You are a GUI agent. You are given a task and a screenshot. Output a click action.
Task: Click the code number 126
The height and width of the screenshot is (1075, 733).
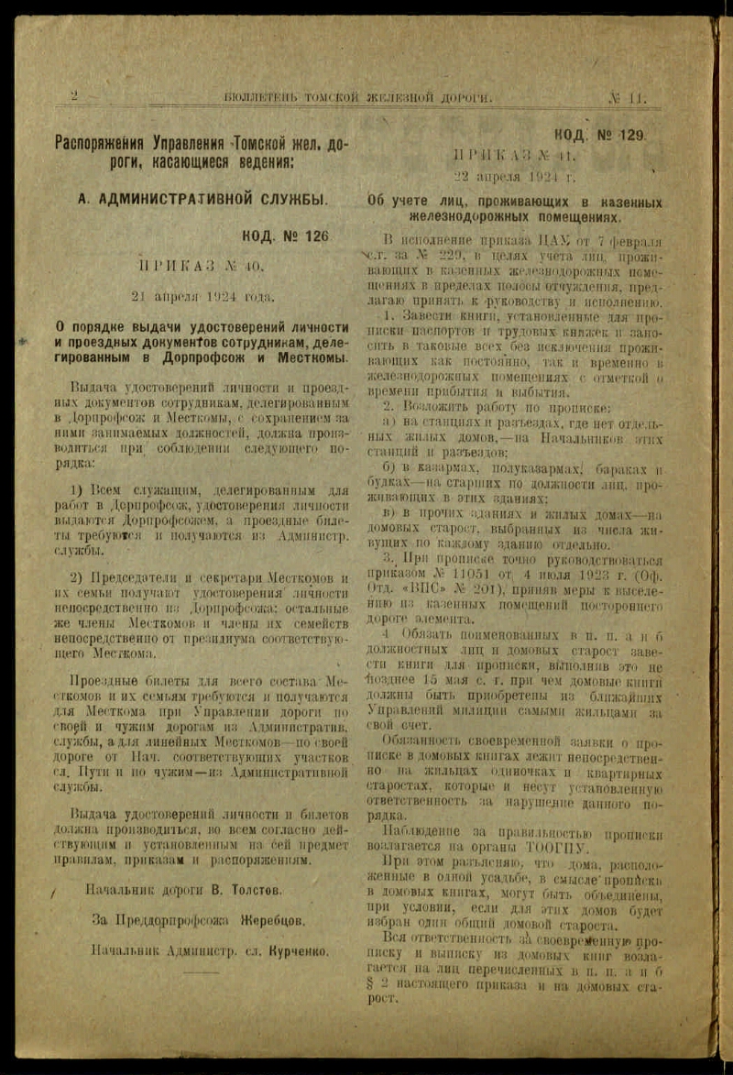click(x=311, y=236)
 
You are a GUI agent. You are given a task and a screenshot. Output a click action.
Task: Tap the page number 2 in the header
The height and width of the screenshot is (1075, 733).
click(x=74, y=95)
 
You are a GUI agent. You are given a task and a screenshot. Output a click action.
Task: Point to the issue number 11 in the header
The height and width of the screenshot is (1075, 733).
click(x=635, y=96)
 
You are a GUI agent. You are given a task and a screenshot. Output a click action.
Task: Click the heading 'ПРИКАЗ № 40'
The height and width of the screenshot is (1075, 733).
click(x=201, y=266)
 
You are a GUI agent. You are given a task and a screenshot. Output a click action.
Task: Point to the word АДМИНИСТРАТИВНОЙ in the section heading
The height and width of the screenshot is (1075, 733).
click(x=198, y=198)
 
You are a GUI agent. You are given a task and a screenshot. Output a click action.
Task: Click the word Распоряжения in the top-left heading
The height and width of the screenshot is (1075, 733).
click(x=100, y=143)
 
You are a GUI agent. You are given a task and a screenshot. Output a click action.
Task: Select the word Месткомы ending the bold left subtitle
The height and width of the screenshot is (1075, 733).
click(x=314, y=357)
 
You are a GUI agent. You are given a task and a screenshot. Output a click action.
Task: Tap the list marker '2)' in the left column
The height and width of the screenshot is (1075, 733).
click(x=78, y=577)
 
